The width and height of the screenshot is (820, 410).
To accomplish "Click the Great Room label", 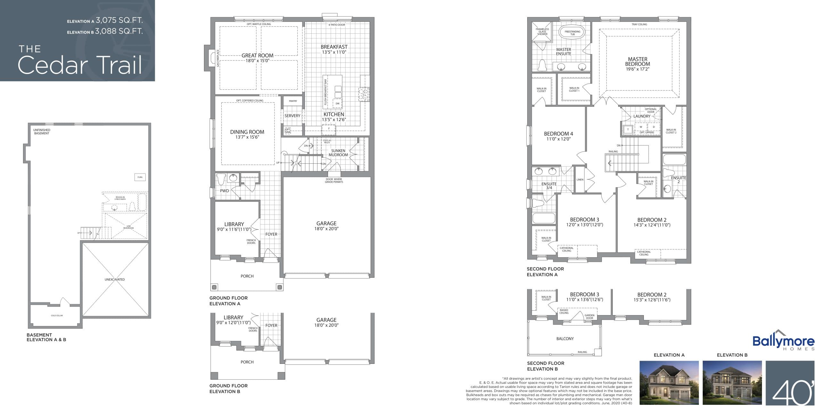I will pos(257,55).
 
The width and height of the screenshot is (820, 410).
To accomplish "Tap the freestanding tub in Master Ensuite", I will pos(572,32).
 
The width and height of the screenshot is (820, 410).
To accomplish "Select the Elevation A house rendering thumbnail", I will pos(669,382).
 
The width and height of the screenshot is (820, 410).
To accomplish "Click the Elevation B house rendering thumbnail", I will pos(732,382).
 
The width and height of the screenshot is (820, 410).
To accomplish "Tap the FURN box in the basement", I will pos(140,177).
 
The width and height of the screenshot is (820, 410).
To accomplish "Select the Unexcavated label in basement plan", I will pos(115,279).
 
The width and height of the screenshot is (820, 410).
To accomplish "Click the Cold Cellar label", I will pos(57,316).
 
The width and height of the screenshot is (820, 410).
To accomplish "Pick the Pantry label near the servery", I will pos(293,101).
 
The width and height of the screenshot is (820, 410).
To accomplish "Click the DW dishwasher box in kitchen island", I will pos(337,103).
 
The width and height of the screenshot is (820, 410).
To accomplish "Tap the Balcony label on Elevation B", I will pos(565,339).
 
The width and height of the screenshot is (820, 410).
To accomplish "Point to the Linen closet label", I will pos(580,180).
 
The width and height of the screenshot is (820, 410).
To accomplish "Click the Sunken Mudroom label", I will pos(338,153).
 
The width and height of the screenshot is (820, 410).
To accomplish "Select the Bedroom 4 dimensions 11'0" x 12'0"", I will pos(558,139).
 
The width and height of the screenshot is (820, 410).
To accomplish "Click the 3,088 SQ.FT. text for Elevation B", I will pos(119,31).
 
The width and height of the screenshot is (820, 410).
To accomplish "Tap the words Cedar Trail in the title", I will pos(80,65).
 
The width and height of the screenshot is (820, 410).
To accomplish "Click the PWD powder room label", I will pos(224,191).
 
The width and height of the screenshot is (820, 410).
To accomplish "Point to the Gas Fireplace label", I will pos(218,58).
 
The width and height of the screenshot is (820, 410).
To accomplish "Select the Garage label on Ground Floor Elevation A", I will pos(326,223).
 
